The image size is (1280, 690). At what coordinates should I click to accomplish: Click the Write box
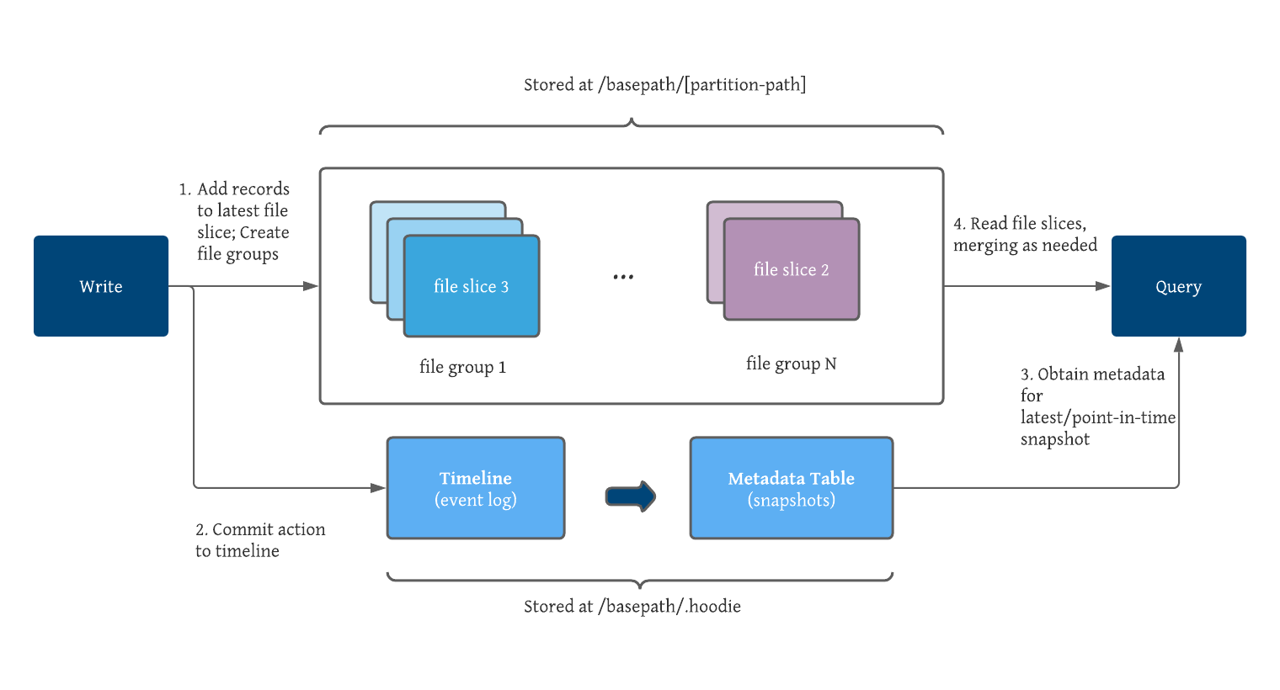tap(101, 286)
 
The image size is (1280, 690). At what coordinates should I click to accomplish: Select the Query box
tap(1178, 286)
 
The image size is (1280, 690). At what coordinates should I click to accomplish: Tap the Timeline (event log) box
tap(475, 488)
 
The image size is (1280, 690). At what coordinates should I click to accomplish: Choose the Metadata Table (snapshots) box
tap(791, 488)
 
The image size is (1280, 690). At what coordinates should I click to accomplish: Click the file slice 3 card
tap(472, 287)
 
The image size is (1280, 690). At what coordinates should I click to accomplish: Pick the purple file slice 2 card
tap(792, 270)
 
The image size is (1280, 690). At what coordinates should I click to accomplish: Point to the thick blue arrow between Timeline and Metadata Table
tap(631, 496)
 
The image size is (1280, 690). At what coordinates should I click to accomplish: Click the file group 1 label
tap(462, 367)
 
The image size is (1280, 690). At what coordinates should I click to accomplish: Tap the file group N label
tap(791, 364)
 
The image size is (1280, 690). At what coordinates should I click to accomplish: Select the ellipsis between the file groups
tap(623, 277)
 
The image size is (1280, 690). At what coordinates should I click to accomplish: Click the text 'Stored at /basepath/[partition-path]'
tap(664, 85)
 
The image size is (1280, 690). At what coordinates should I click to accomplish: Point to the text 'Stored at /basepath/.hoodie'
tap(632, 607)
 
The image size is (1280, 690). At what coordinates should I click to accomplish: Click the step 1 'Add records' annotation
tap(234, 221)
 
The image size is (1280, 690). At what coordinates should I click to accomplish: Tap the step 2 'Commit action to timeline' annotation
tap(259, 540)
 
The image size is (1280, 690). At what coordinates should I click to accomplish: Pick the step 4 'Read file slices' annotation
tap(1025, 235)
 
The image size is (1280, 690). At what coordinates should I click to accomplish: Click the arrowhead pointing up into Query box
tap(1179, 344)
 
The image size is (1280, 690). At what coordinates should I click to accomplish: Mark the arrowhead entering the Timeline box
tap(379, 487)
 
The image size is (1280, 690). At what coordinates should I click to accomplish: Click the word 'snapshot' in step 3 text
tap(1055, 439)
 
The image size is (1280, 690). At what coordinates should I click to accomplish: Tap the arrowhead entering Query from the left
tap(1103, 286)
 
